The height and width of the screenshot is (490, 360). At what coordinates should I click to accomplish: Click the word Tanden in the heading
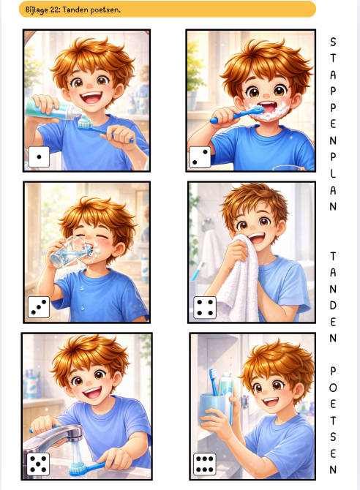pyautogui.click(x=75, y=10)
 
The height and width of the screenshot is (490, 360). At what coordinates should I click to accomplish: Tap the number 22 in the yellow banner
pyautogui.click(x=55, y=10)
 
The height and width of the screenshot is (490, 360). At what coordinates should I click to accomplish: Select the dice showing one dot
pyautogui.click(x=39, y=157)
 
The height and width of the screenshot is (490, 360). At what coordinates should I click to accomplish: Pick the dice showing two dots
pyautogui.click(x=200, y=157)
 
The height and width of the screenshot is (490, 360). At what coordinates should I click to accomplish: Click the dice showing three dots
pyautogui.click(x=39, y=307)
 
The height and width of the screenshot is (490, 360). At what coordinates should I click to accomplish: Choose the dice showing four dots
pyautogui.click(x=205, y=307)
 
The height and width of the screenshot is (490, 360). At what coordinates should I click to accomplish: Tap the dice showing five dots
pyautogui.click(x=38, y=464)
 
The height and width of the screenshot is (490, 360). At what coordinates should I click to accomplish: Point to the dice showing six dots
pyautogui.click(x=205, y=464)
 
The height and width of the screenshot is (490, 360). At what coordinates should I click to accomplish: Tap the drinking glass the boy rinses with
pyautogui.click(x=70, y=252)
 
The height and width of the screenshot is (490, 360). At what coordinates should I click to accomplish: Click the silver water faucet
pyautogui.click(x=56, y=439)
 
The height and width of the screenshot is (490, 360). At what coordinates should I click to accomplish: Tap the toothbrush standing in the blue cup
pyautogui.click(x=214, y=382)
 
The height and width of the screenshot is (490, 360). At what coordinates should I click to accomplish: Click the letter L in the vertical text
pyautogui.click(x=333, y=173)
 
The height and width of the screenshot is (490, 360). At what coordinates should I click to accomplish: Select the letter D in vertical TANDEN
pyautogui.click(x=333, y=305)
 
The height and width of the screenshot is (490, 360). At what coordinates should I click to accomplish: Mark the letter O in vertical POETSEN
pyautogui.click(x=333, y=388)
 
